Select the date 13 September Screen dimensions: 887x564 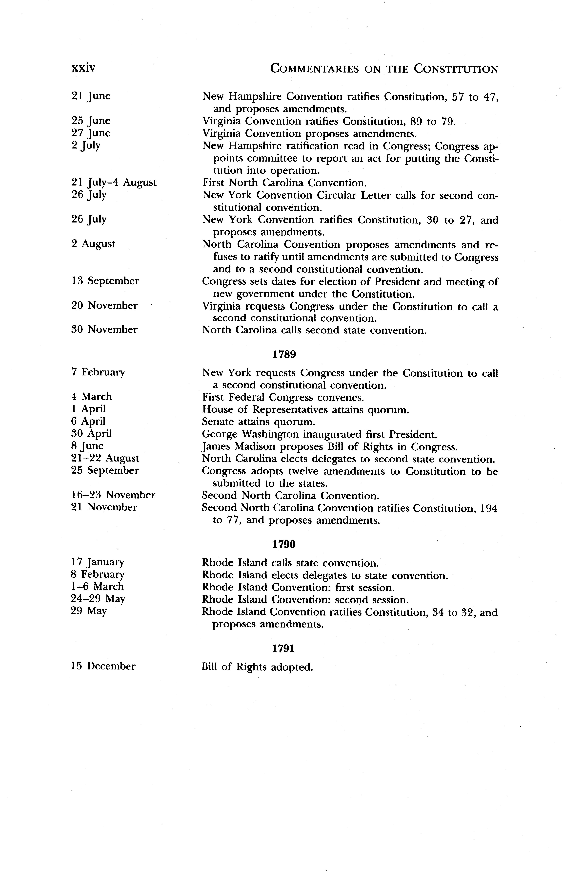point(105,281)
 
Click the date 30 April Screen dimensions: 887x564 point(91,434)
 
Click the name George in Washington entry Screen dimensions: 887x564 point(220,435)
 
